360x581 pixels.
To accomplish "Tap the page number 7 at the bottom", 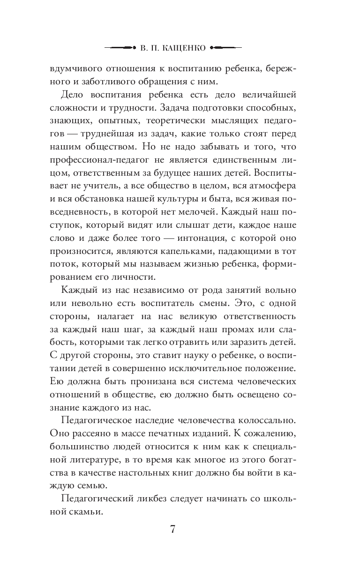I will pos(172,530).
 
